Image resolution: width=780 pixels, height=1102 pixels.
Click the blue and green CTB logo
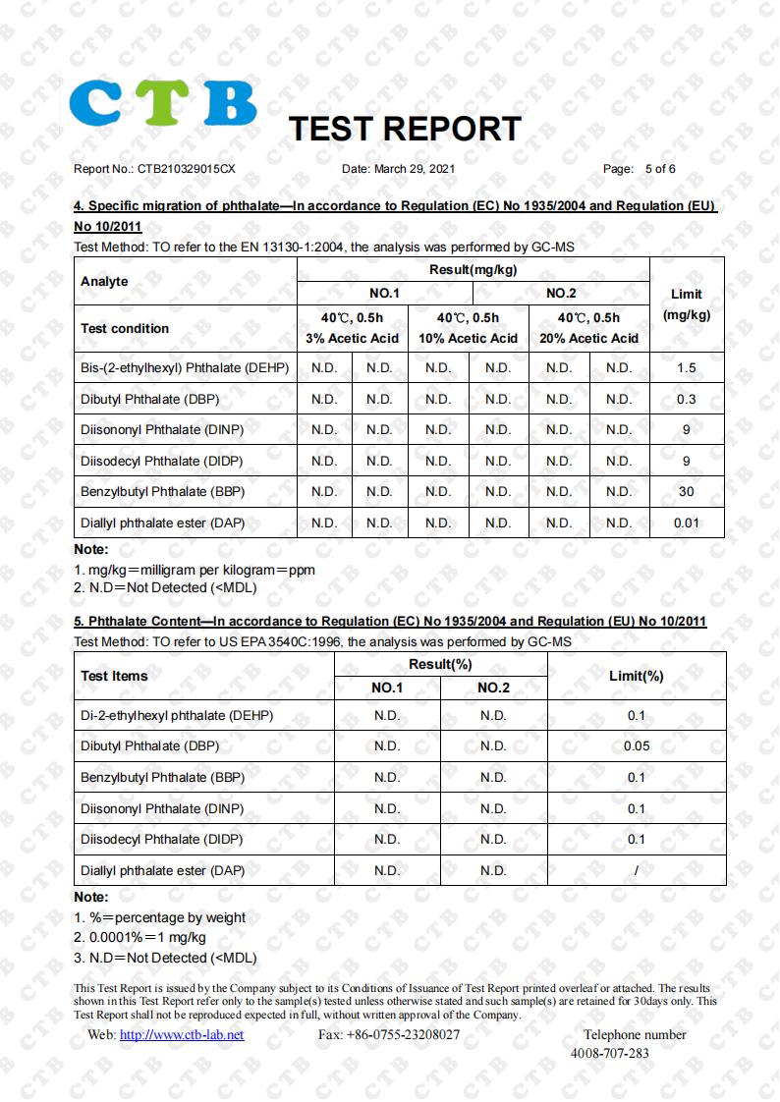click(x=163, y=103)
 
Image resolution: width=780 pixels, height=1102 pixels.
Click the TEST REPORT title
click(x=404, y=129)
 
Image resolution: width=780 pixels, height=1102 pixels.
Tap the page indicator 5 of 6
click(x=659, y=169)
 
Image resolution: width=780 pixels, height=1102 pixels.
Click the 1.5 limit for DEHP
click(x=686, y=368)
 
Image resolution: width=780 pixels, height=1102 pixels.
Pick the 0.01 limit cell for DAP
click(x=686, y=523)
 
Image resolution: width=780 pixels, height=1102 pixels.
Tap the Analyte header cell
click(x=104, y=281)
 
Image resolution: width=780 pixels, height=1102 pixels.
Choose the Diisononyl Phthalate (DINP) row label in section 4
click(x=162, y=430)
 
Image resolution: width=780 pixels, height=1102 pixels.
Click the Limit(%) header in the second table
click(x=636, y=676)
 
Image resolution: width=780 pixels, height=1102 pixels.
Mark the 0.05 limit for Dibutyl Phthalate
click(x=636, y=746)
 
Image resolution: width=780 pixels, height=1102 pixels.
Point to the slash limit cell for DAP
click(x=636, y=870)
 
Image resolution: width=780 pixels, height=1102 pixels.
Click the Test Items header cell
click(x=114, y=676)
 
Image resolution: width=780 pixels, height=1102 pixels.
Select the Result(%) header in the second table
click(x=440, y=664)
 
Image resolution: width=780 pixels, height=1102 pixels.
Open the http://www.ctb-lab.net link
click(x=181, y=1034)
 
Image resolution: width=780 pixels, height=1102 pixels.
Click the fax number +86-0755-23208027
click(x=389, y=1034)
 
